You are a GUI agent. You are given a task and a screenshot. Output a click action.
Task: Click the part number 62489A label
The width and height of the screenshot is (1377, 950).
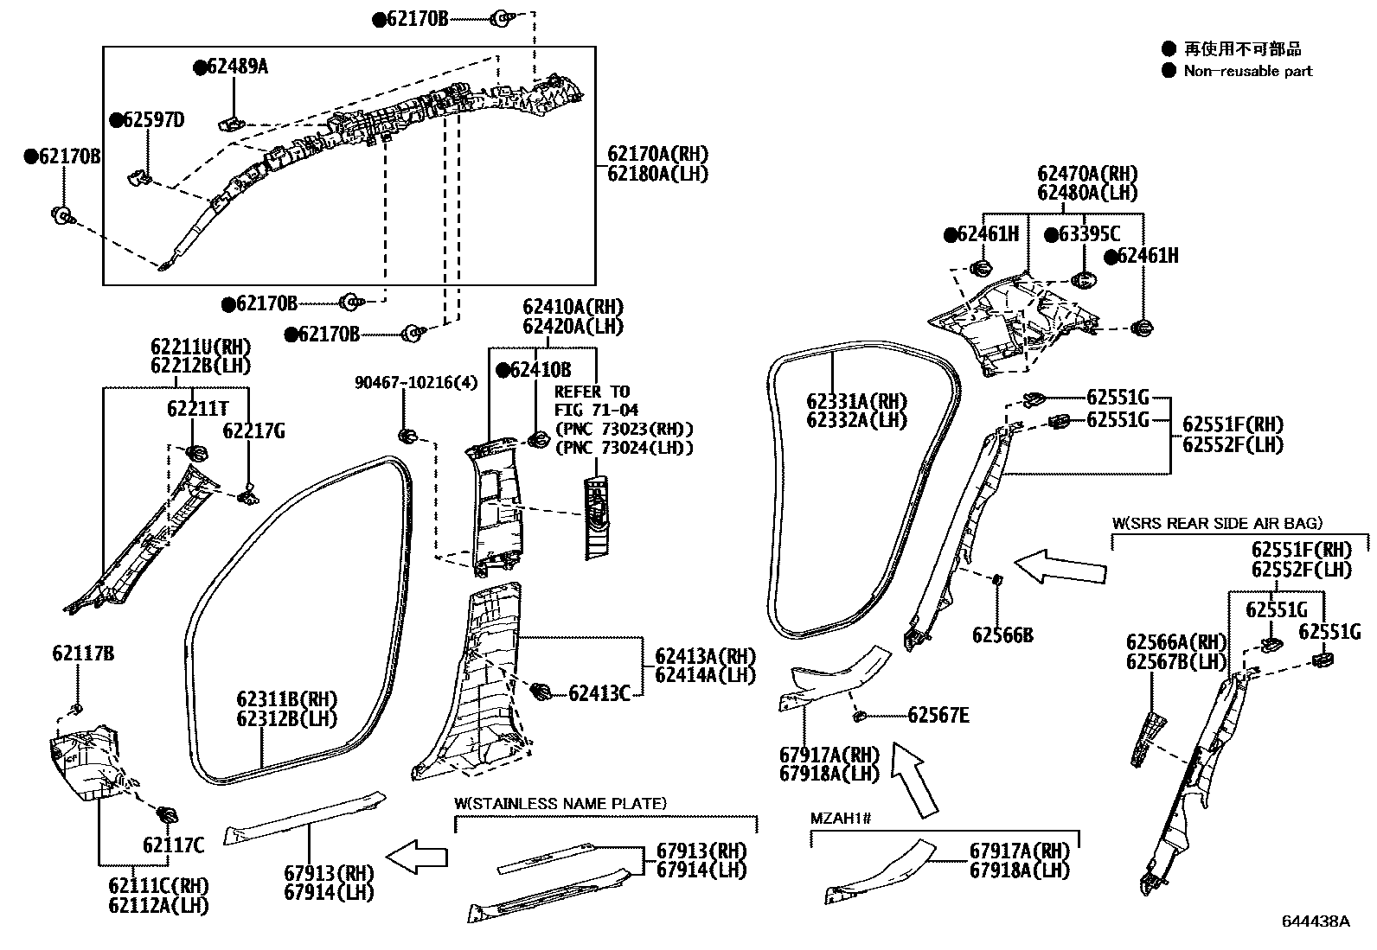coord(236,67)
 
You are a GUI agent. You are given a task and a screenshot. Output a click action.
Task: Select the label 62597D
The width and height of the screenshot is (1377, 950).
coord(153,120)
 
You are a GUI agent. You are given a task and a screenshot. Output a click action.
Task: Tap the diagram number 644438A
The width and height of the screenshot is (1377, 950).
coord(1315,921)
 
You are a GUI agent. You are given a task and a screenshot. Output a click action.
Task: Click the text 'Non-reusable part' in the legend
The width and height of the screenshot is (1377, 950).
coord(1247,72)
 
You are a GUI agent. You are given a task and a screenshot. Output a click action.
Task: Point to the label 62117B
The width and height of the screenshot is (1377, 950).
coord(82,654)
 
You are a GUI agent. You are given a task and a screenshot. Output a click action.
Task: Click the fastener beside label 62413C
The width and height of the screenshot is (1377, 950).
coord(541,691)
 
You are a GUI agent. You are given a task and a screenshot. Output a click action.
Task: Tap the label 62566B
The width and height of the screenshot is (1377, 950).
coord(1002,635)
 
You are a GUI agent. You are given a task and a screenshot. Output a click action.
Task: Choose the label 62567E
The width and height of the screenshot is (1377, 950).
coord(938,715)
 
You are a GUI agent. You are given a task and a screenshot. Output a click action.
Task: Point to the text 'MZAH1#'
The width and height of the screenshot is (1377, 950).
coord(840,818)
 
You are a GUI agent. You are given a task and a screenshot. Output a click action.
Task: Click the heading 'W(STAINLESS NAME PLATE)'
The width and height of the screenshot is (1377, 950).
coord(560,804)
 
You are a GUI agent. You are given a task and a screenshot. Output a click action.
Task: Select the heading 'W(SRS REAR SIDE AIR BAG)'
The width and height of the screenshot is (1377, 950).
coord(1217,523)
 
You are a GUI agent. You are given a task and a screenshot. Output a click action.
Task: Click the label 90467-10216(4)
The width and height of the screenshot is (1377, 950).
coord(416,382)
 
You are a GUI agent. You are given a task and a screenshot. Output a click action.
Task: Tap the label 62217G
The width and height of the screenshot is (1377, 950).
coord(253,430)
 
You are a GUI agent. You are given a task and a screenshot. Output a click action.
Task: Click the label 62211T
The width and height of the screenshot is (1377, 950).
coord(197,408)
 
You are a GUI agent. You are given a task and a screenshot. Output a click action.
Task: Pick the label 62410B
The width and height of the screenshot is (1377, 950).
coord(541,370)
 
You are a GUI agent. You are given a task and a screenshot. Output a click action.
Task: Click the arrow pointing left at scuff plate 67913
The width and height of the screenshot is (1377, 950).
coord(417,857)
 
